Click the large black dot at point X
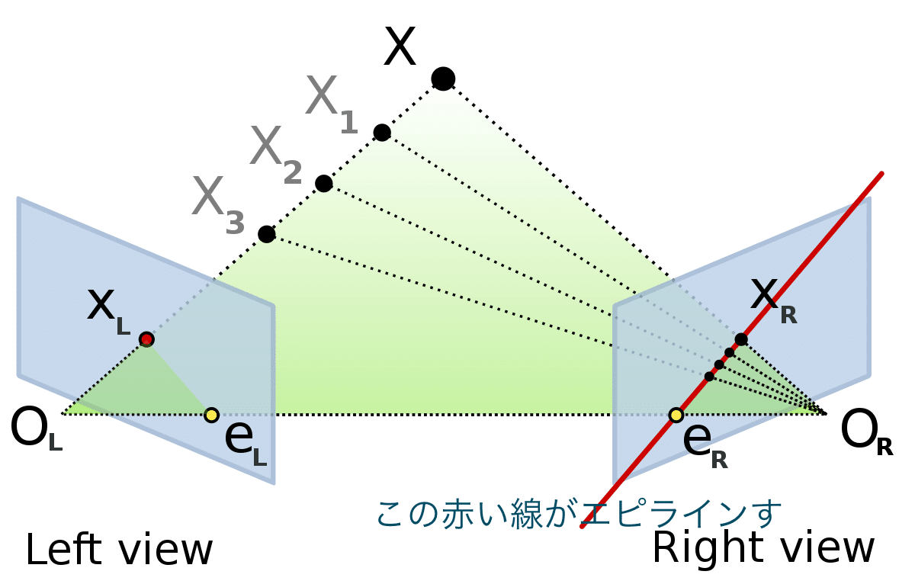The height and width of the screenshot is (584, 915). coord(443,78)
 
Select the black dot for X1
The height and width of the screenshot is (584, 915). coord(382,133)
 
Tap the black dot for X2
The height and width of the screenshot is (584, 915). coord(324,183)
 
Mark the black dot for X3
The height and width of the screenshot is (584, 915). coord(266,234)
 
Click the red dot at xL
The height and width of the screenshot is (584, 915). coord(146,339)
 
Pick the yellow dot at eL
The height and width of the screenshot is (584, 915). coord(212,415)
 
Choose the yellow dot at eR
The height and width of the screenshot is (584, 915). coord(676,415)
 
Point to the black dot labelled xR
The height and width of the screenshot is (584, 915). coord(741,339)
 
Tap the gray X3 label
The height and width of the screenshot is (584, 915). coord(218,202)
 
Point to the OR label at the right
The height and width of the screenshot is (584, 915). coord(866,434)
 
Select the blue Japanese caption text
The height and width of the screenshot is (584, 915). coord(579,513)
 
